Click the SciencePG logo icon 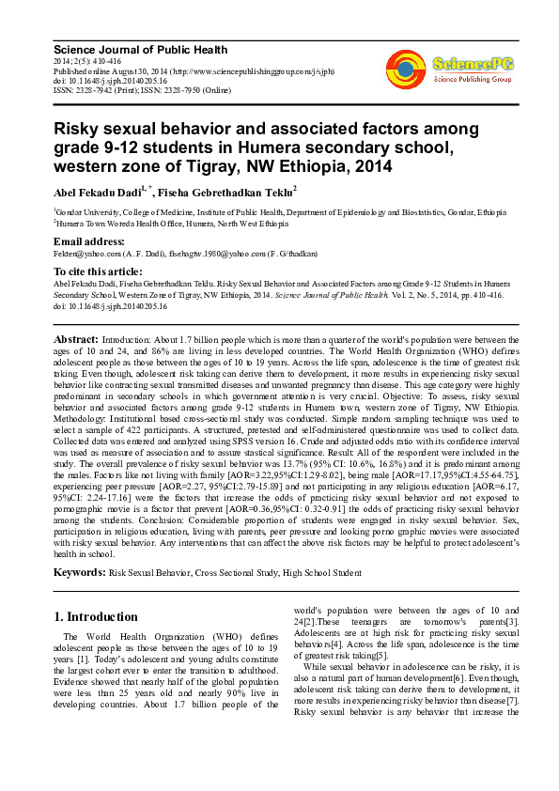(x=405, y=67)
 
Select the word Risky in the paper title (x=76, y=129)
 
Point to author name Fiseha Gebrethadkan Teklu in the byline (x=225, y=193)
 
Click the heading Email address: (x=90, y=241)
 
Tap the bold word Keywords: (x=80, y=571)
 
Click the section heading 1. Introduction (x=101, y=617)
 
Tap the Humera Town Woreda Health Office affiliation (x=160, y=225)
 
